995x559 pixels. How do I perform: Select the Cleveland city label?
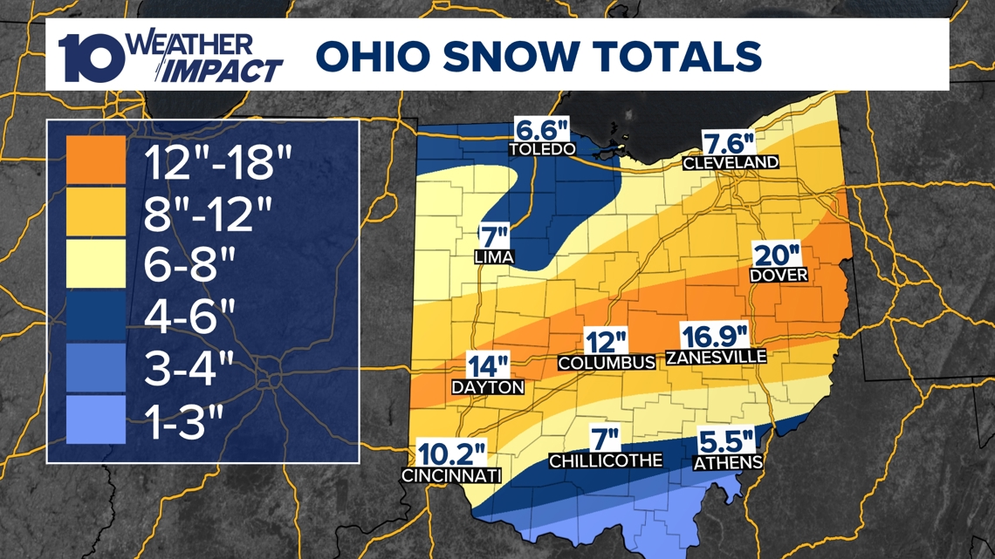pos(731,162)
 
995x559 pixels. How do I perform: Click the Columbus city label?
pos(607,362)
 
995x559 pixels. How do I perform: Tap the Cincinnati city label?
pos(451,475)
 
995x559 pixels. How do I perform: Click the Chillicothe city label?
pos(606,460)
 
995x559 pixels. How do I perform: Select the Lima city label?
pos(495,257)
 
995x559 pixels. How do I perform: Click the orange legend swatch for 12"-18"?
pos(96,160)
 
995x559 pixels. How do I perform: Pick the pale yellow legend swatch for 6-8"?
pos(96,264)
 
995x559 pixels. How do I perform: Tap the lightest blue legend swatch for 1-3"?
pos(96,420)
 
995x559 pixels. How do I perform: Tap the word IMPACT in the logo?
pos(230,70)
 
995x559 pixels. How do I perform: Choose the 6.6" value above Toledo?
pos(542,130)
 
